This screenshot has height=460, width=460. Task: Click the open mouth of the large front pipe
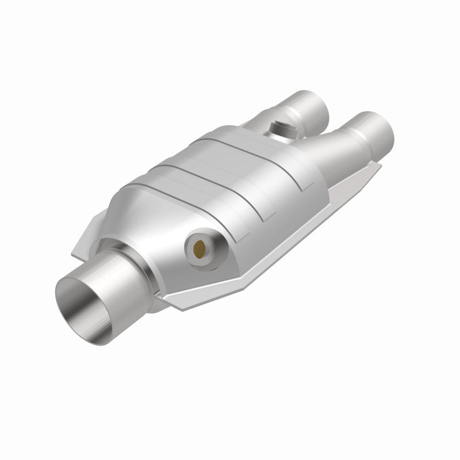(x=85, y=299)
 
